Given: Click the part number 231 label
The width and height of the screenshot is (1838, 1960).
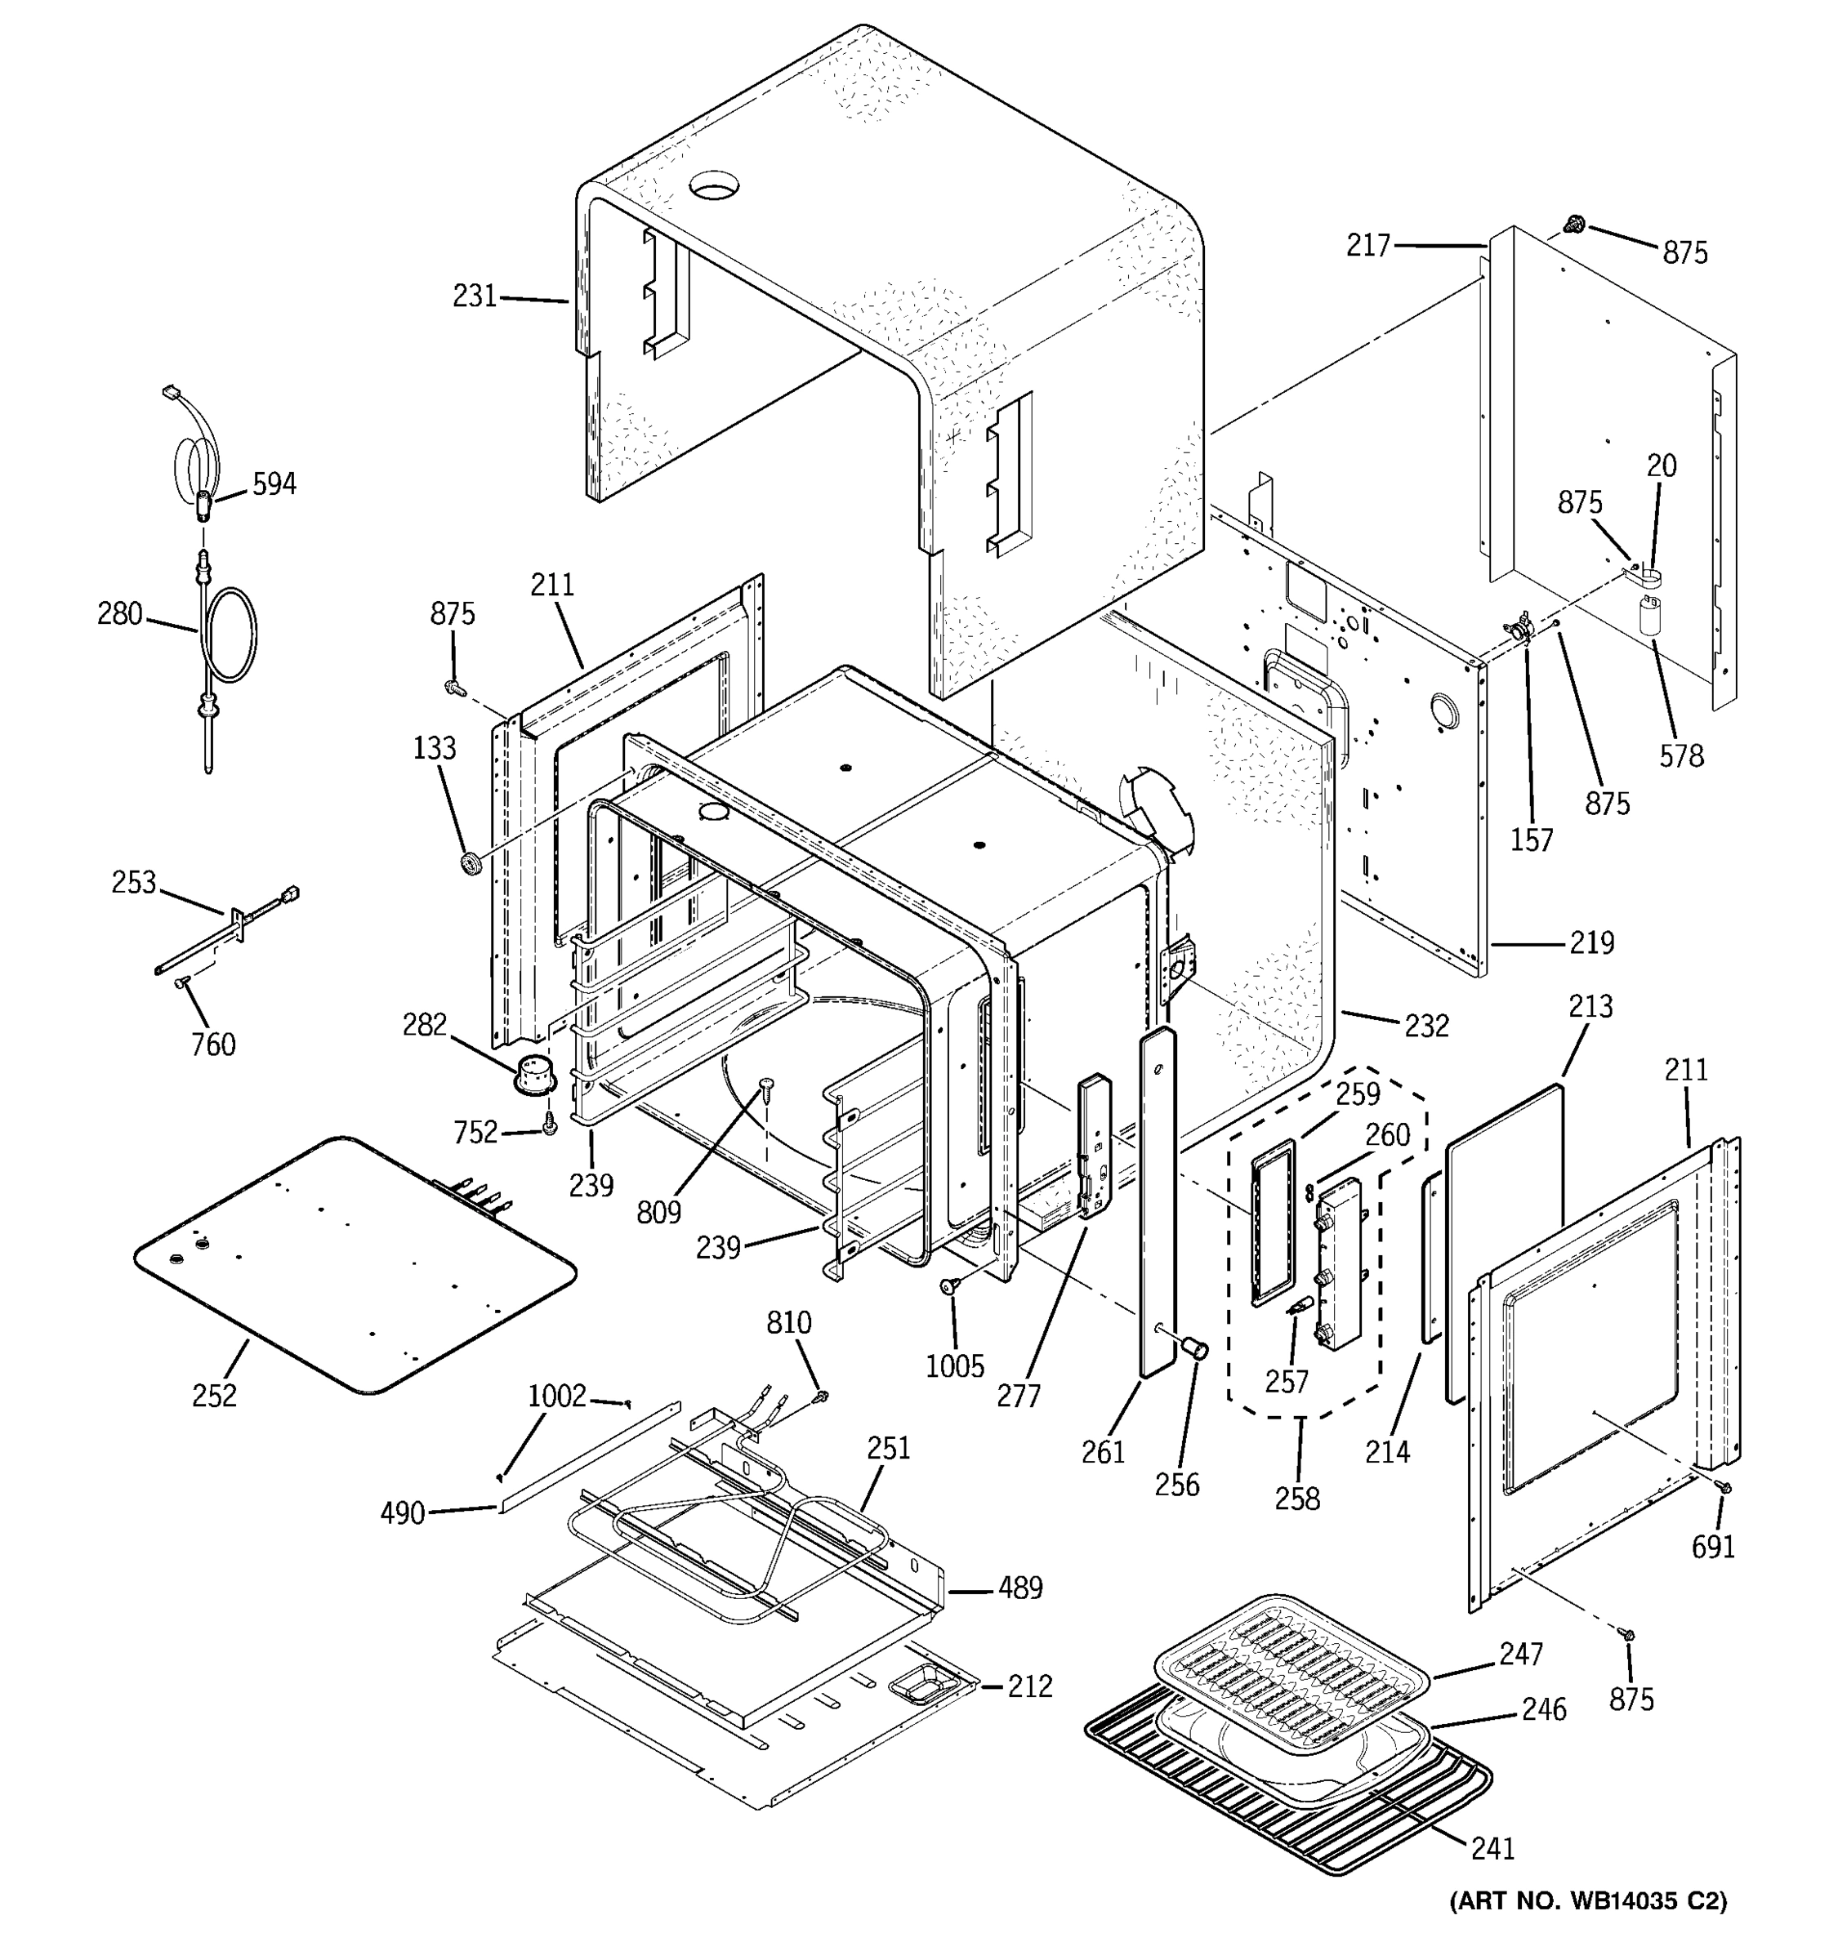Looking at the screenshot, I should click(475, 296).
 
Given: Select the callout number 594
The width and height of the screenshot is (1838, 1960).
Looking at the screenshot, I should click(274, 484).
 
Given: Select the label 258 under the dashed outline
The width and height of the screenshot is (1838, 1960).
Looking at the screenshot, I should click(1296, 1499).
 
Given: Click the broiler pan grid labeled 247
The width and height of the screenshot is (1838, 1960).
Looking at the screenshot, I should click(1292, 1666).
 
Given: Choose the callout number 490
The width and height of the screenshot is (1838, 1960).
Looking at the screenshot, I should click(402, 1512).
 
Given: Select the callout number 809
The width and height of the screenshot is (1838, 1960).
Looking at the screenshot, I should click(658, 1213).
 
